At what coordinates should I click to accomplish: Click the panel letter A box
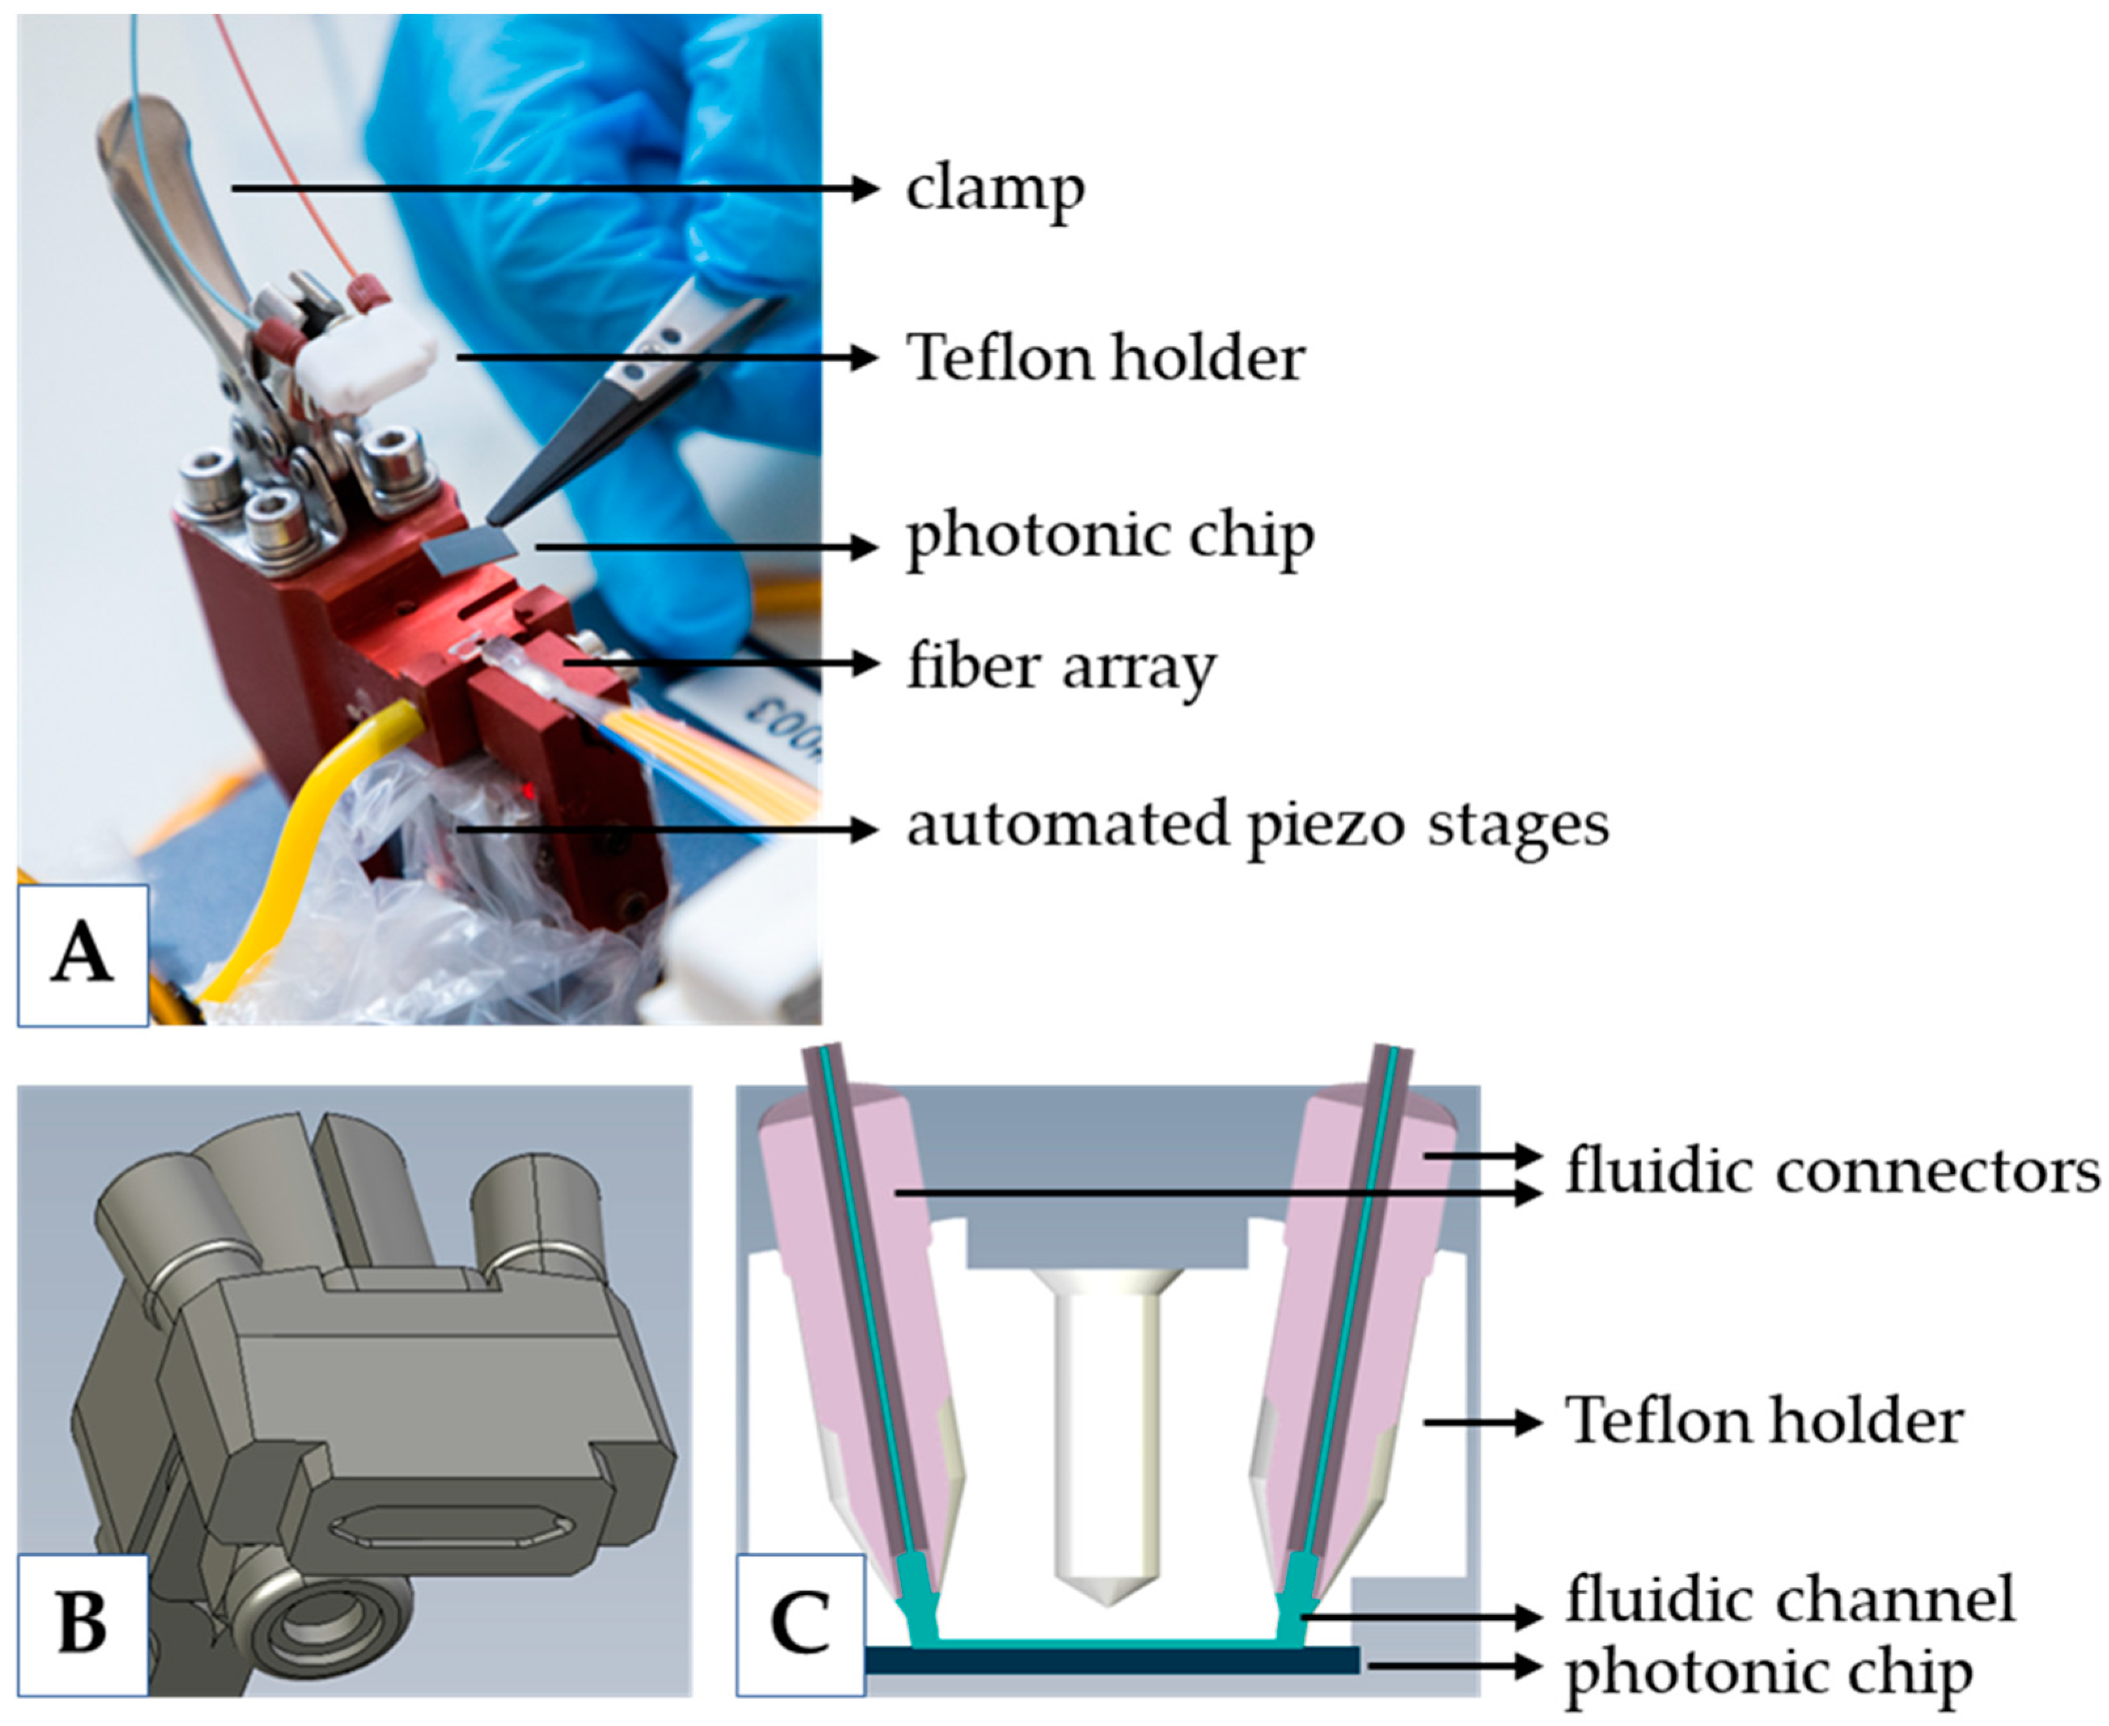pos(83,954)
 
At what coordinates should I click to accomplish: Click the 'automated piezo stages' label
pos(1257,825)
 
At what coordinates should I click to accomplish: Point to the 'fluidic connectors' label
pos(1833,1171)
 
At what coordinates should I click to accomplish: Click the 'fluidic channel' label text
pos(1791,1598)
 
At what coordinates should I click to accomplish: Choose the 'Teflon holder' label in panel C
pos(1764,1421)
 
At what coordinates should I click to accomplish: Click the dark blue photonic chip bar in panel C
pos(1112,1659)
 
